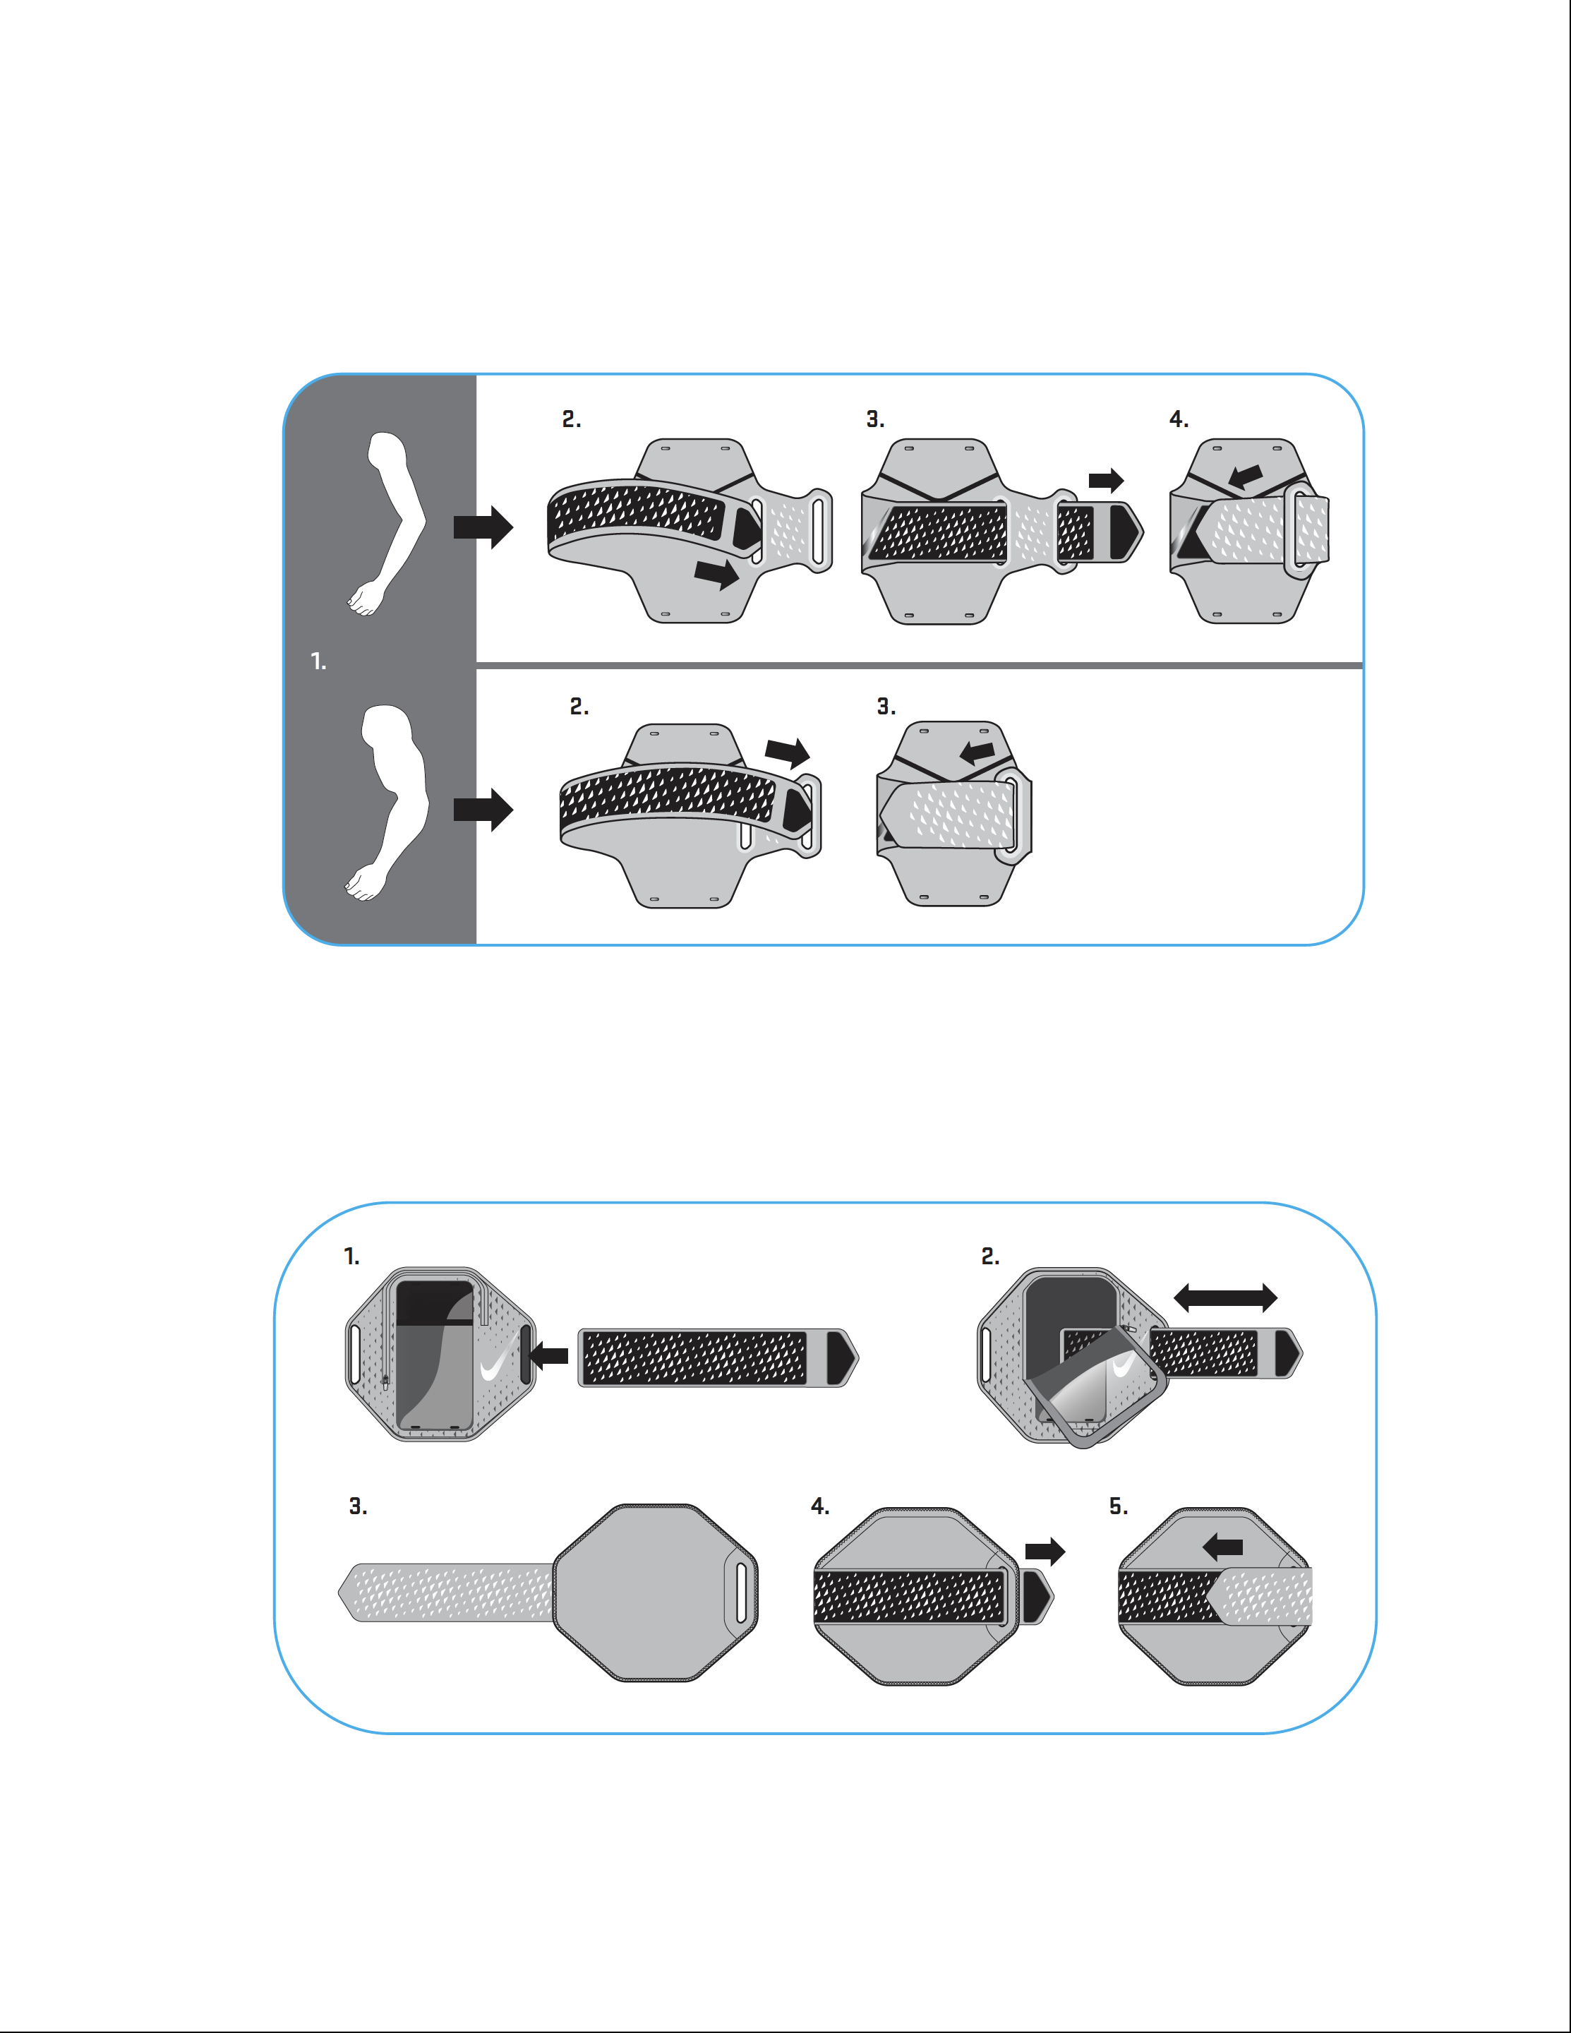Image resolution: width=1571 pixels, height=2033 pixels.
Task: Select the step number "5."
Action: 1118,1506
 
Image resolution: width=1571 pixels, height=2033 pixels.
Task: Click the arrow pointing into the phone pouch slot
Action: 548,1355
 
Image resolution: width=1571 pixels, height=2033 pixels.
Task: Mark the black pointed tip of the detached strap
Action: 841,1357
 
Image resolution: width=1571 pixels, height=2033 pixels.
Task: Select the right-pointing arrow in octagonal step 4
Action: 1045,1551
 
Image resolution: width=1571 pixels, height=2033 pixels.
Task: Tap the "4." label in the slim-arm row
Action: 1179,420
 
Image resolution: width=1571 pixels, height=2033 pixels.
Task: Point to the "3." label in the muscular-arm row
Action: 886,707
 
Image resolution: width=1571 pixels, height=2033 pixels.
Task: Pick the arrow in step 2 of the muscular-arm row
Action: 788,752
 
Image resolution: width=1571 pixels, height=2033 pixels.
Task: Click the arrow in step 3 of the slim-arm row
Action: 1107,480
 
